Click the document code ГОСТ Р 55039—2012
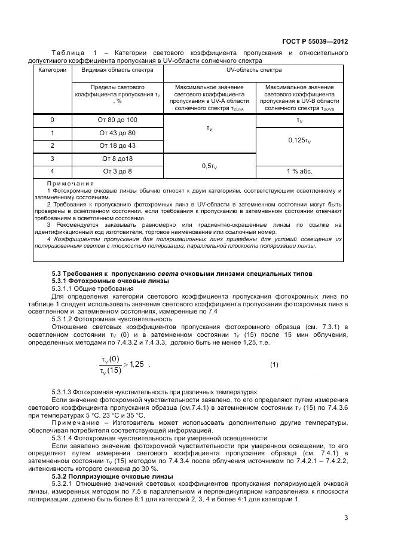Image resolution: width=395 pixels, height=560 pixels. click(315, 42)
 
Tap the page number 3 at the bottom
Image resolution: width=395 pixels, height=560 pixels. click(346, 518)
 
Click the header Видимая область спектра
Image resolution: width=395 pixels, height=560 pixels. click(117, 71)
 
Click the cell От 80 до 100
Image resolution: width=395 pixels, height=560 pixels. click(117, 120)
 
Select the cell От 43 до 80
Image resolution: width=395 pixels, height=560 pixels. click(117, 133)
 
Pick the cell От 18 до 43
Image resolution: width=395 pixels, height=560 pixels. click(117, 145)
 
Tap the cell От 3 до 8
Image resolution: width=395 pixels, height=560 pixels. click(117, 171)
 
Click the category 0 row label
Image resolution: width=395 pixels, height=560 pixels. click(52, 120)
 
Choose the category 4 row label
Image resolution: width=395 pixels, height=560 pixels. click(52, 171)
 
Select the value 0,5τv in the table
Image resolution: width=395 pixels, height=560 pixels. click(209, 165)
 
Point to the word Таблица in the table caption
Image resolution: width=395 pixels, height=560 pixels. click(70, 53)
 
